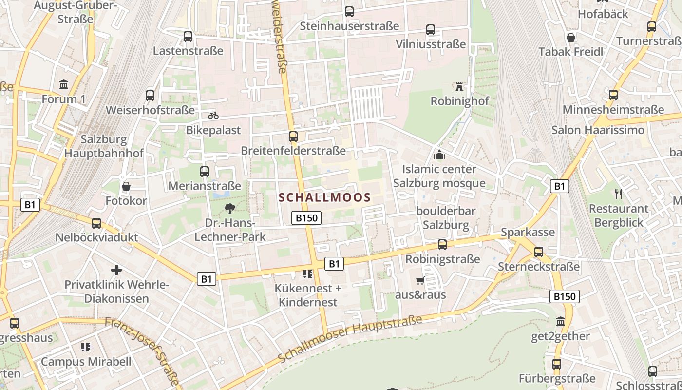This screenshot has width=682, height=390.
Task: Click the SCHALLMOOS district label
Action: pos(324,197)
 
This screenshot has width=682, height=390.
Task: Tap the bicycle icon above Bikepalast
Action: pos(213,116)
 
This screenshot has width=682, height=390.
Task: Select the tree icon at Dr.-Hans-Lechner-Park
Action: pos(229,209)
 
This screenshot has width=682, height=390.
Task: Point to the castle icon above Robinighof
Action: pos(459,87)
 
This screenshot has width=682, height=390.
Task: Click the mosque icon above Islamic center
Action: pos(439,155)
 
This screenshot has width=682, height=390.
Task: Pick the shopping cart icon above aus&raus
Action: pos(420,280)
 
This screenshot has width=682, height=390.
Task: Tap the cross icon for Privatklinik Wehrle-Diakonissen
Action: pos(116,270)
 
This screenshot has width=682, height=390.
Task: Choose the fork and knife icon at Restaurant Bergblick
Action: pos(619,194)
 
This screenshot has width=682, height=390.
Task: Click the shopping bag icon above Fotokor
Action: pos(126,186)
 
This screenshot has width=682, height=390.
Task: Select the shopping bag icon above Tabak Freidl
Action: pos(571,38)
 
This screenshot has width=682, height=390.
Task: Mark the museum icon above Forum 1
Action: pos(64,85)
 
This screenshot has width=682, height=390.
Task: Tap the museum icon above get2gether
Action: pos(560,322)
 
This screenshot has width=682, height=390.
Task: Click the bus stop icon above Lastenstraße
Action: pos(188,36)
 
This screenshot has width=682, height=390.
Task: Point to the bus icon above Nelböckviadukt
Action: pos(96,223)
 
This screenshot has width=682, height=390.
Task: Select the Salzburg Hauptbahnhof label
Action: pos(104,146)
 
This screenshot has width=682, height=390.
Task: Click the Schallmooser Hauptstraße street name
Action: pos(350,339)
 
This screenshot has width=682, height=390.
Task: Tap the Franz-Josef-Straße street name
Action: pos(142,350)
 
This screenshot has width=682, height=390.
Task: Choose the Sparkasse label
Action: pos(528,232)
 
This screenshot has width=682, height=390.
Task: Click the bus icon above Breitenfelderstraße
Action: pos(293,136)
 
